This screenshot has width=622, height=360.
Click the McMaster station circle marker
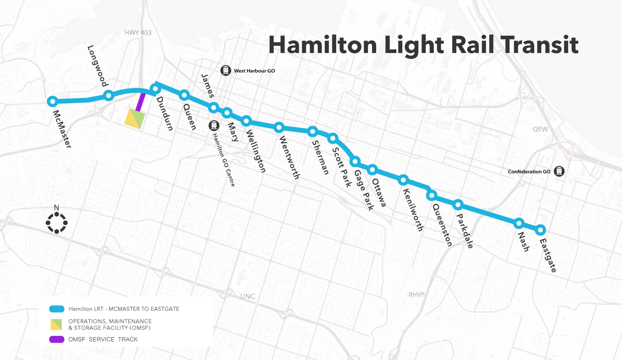(x=53, y=102)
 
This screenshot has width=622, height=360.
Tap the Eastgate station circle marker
(x=540, y=229)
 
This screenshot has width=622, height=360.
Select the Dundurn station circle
(x=155, y=88)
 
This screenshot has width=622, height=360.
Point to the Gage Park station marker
(x=355, y=161)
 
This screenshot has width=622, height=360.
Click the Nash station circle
(x=519, y=223)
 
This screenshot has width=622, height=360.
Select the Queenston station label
(x=442, y=224)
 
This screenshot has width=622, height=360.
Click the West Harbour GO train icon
(x=225, y=70)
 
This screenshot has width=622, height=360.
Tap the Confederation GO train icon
(x=559, y=171)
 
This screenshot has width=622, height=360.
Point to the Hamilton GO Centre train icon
(x=214, y=126)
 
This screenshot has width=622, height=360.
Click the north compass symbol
(x=56, y=223)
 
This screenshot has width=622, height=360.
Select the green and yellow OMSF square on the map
(x=135, y=119)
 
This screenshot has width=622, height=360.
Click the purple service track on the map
(x=140, y=102)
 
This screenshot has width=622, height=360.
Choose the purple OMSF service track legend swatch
(x=57, y=340)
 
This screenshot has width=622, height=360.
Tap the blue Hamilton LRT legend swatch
(x=57, y=309)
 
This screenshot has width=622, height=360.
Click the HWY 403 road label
(x=138, y=33)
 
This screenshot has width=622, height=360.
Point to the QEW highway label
(x=540, y=129)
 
